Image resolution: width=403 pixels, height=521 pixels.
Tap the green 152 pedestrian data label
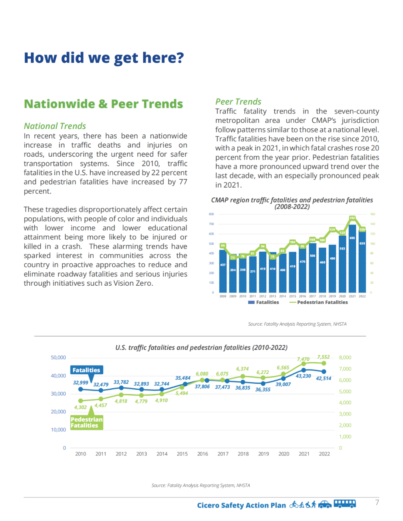coord(352,218)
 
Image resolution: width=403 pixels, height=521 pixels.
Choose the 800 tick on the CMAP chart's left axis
coord(211,214)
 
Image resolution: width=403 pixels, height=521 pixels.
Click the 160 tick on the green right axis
coord(372,214)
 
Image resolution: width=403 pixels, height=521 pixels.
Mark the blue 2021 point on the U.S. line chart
coord(303,370)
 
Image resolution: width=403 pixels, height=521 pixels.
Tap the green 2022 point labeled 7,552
coord(324,363)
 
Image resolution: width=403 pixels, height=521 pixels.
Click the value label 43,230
coord(303,376)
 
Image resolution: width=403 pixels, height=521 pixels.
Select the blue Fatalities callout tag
coord(87,370)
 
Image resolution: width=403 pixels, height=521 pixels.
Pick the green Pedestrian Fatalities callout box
coord(87,423)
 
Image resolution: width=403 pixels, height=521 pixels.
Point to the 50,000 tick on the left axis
coord(58,358)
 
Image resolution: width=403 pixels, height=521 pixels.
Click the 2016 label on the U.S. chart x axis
coord(203,454)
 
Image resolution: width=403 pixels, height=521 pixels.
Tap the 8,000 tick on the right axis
coord(345,358)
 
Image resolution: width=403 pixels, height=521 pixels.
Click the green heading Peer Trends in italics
coord(238,102)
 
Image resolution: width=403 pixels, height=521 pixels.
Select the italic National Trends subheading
coord(55,126)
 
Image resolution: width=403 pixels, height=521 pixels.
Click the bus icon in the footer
coord(344,504)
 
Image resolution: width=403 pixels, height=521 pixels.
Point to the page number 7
coord(377,503)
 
